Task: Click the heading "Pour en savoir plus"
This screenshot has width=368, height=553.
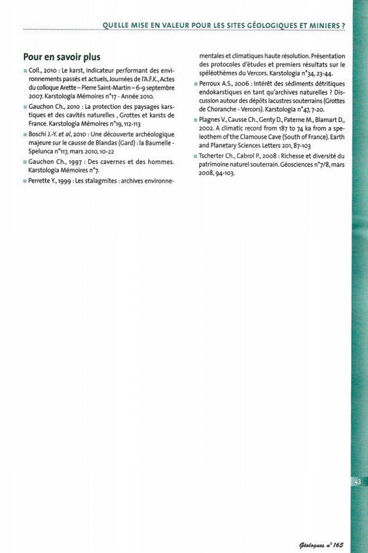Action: [x=61, y=57]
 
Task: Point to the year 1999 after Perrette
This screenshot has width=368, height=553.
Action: [x=66, y=181]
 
